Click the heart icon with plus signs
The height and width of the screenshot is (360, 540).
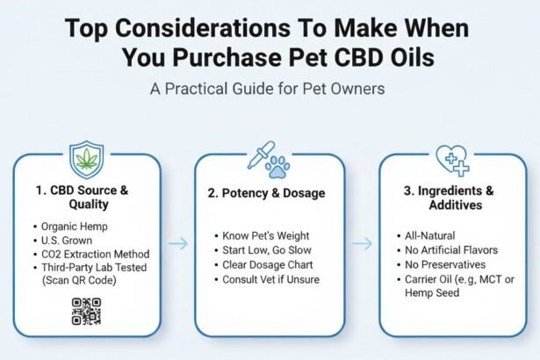tap(453, 161)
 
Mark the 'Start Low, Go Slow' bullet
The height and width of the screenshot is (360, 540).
tap(263, 251)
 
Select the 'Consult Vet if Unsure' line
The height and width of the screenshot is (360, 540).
tap(271, 279)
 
